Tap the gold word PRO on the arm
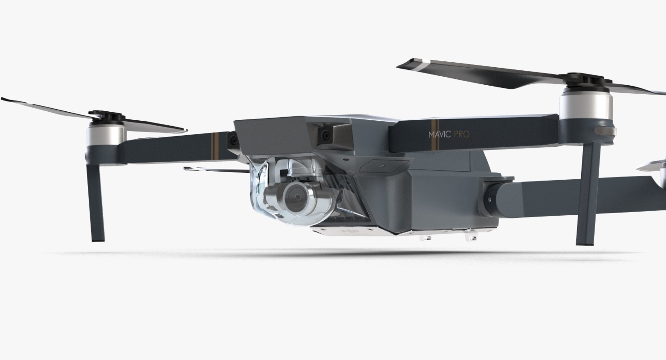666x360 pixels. pos(461,134)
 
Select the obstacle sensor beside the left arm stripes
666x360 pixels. pos(232,140)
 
